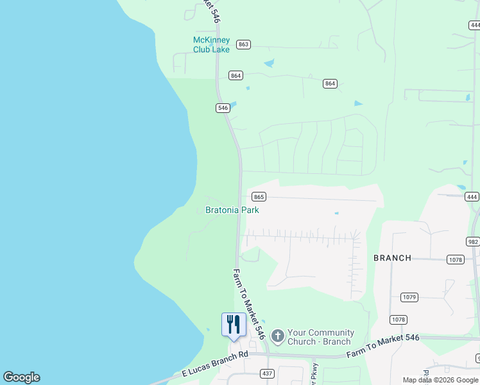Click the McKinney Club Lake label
[211, 45]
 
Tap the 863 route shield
[243, 44]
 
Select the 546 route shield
[223, 108]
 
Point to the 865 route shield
[259, 196]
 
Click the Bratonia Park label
[232, 210]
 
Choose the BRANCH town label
[392, 258]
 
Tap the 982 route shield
[474, 241]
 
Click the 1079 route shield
[409, 297]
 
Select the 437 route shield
[266, 373]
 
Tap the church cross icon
[277, 336]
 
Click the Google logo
[21, 377]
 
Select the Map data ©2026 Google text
[440, 380]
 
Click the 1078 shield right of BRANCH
[455, 259]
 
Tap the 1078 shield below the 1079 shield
[398, 319]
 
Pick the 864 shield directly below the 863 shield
[236, 76]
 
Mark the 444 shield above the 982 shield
[472, 196]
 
